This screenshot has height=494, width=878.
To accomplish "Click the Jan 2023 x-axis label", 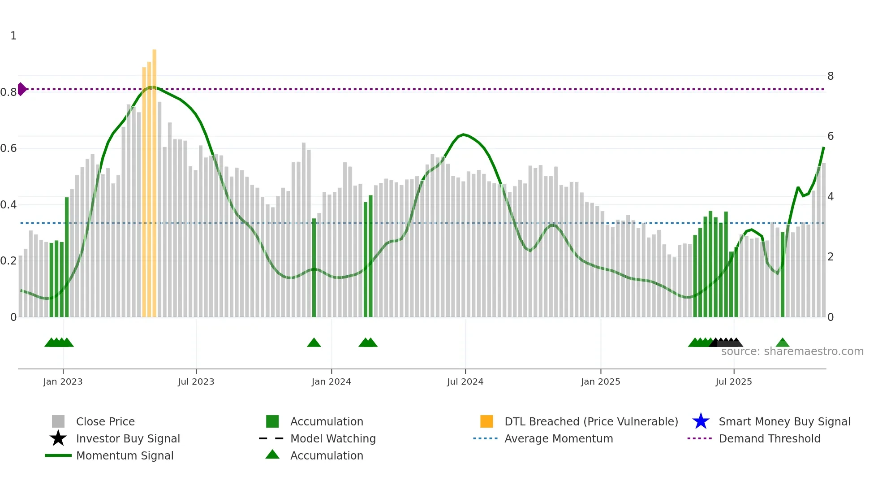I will pos(63,381).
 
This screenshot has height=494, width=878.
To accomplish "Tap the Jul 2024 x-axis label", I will pos(465,381).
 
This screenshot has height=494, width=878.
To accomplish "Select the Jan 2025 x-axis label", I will pos(600,381).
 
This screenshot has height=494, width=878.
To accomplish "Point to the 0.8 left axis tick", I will pos(9,92).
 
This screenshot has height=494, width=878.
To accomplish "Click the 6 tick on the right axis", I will pos(830,136).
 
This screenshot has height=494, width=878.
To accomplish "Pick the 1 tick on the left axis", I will pos(13,36).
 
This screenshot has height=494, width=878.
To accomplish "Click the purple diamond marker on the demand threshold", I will pos(22,89).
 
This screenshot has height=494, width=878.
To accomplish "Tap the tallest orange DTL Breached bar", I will pos(155,179).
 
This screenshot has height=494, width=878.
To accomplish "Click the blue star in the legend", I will pos(701,421).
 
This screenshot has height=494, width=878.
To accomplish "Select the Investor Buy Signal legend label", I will pos(128,438).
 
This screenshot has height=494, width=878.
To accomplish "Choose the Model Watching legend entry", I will pos(333,438).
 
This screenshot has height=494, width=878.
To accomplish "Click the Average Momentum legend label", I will pos(559,438).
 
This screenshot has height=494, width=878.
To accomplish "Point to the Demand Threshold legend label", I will pos(769,438).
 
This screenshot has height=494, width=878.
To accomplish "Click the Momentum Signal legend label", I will pos(125,455).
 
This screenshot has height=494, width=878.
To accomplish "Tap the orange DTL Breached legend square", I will pos(486,421).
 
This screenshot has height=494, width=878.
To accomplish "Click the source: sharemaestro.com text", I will pos(792,351).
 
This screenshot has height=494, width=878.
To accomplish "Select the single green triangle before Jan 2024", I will pos(314,343).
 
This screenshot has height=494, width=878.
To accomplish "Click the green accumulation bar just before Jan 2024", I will pos(314,269).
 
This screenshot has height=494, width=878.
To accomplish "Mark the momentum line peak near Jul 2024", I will pos(464,134).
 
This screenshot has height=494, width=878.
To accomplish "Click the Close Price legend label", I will pos(105,421).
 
